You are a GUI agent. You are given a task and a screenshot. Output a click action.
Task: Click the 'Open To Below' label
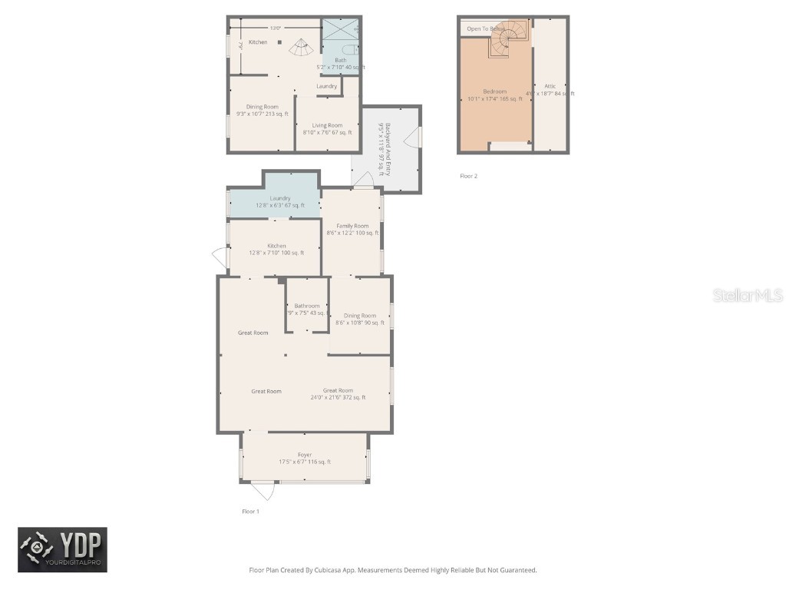tap(485, 28)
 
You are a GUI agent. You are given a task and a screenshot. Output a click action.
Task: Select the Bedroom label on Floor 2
tap(495, 91)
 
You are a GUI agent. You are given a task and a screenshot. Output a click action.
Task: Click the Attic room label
tap(550, 86)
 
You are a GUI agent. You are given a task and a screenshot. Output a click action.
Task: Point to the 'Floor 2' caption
tap(468, 176)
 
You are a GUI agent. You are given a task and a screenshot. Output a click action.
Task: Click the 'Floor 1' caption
tap(250, 511)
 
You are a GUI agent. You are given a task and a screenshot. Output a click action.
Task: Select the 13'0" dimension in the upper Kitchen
tap(274, 28)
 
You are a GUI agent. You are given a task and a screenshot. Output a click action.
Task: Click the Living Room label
tap(328, 125)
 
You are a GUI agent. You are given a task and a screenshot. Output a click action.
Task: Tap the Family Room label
tap(352, 226)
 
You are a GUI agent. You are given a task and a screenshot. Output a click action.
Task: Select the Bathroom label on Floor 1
tap(307, 306)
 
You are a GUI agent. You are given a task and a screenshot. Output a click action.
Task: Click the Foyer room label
tap(305, 455)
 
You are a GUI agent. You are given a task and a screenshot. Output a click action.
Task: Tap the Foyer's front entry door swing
tap(264, 489)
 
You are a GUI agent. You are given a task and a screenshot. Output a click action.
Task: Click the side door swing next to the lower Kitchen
tap(220, 259)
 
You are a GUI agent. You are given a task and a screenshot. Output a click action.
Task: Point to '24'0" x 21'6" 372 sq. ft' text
tap(338, 397)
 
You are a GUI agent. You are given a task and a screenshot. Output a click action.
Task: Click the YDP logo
tap(63, 549)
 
